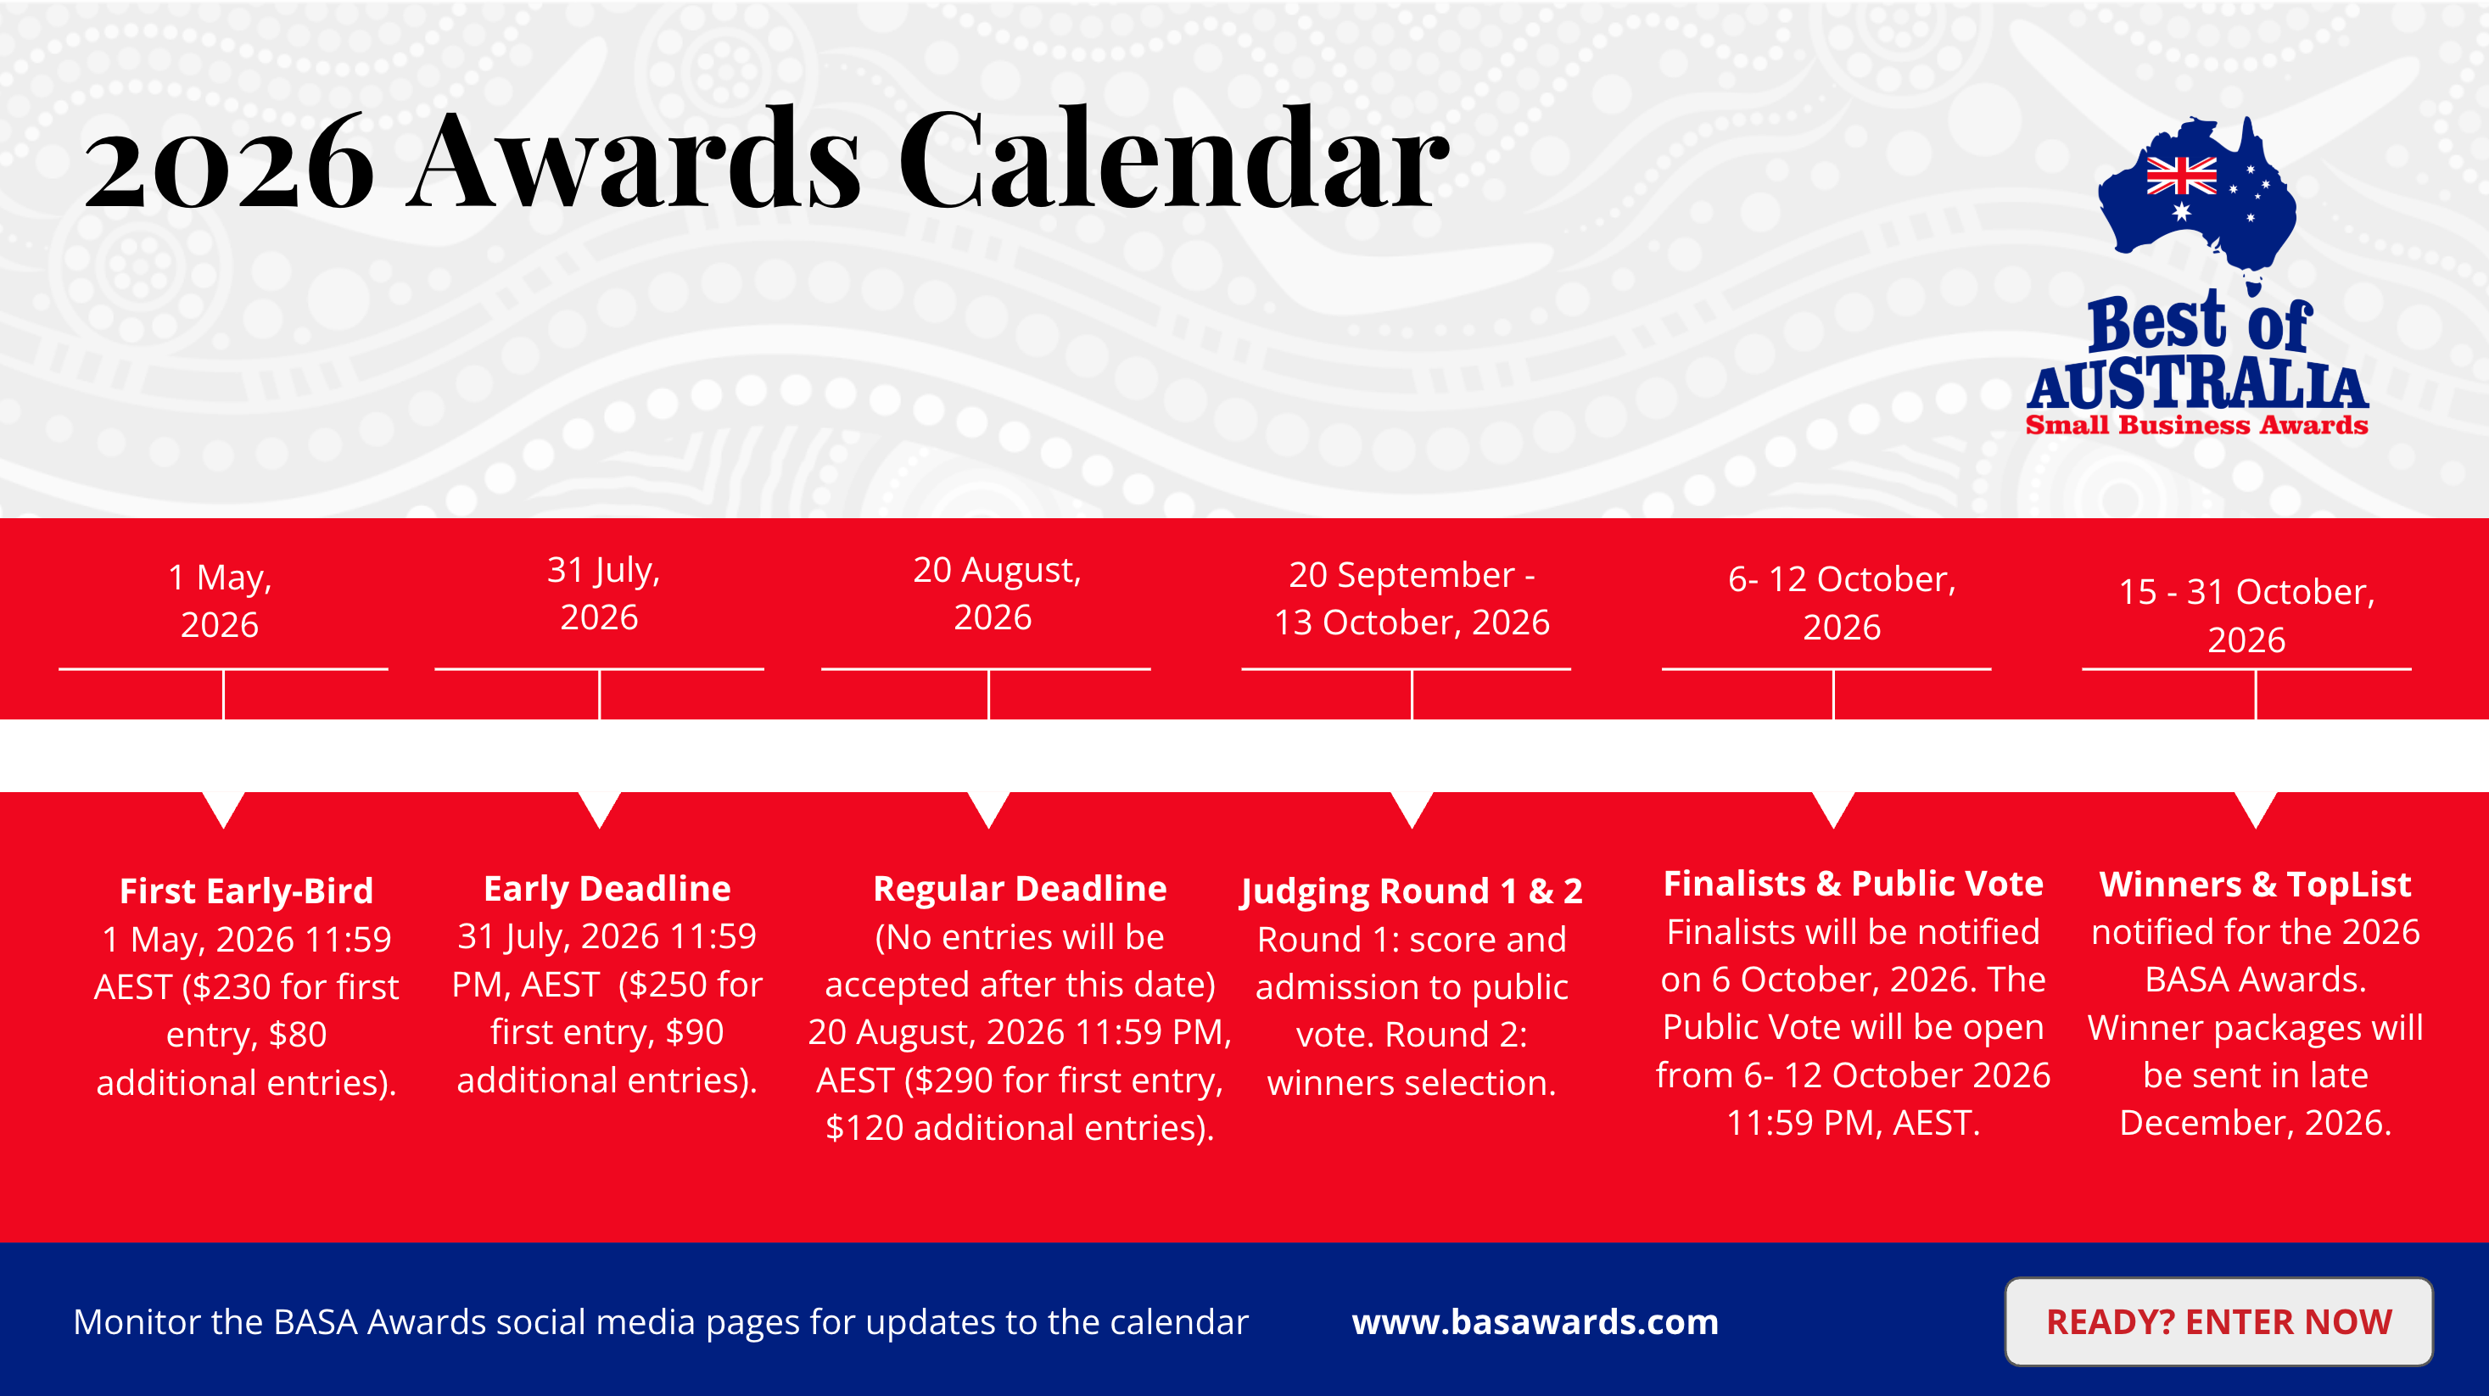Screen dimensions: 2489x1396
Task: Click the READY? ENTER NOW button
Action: [x=2218, y=1321]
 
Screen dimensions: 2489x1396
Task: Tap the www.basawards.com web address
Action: [x=1535, y=1321]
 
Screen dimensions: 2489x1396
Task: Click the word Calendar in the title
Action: [x=1174, y=159]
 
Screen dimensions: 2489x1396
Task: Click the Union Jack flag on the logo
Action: [x=2182, y=176]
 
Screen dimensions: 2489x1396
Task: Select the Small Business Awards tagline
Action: [x=2197, y=425]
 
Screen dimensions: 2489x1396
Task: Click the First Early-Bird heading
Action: [x=246, y=891]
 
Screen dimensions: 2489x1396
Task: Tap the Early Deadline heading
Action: [x=607, y=888]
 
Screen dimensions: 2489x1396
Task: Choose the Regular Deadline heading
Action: [x=1021, y=889]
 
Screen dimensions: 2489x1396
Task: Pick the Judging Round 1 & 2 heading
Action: [x=1412, y=891]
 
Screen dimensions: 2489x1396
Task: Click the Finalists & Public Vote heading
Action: [x=1854, y=884]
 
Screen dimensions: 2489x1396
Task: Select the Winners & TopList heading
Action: [x=2255, y=885]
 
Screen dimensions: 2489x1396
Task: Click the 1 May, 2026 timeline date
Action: [x=221, y=601]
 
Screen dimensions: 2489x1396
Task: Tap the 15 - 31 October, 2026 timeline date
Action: [x=2246, y=616]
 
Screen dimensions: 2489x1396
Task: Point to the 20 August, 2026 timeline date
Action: [x=996, y=593]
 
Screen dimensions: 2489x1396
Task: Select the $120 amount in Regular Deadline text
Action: [x=864, y=1128]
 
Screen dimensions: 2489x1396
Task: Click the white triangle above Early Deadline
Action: [x=599, y=807]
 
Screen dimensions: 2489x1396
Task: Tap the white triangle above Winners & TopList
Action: [x=2255, y=807]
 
